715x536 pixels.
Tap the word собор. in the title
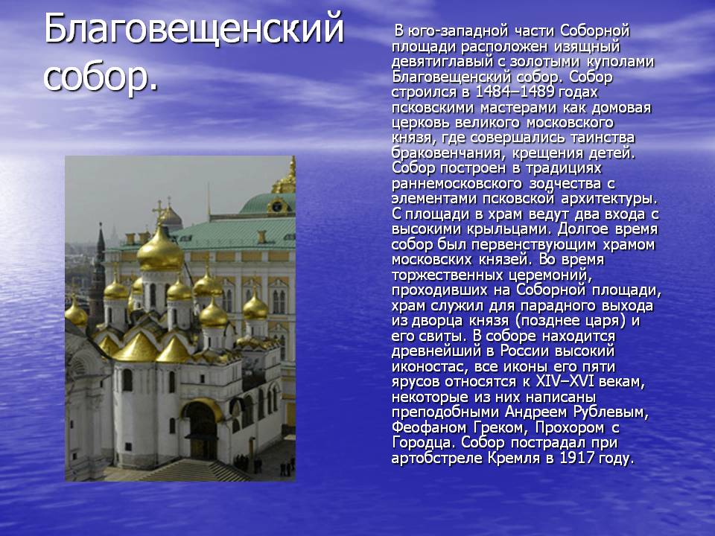tap(101, 76)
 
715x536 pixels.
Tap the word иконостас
tap(428, 366)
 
